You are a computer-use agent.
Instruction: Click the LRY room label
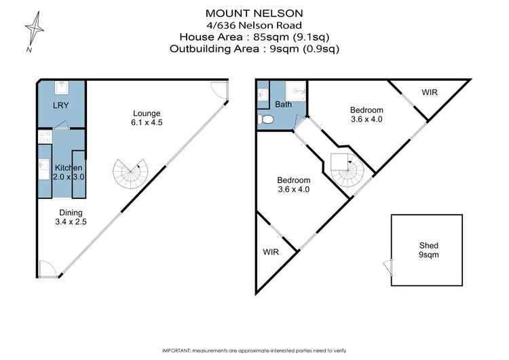coord(61,106)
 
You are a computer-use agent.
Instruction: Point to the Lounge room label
coord(147,113)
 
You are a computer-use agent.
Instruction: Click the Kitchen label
coord(69,168)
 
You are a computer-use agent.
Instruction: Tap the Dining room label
coord(71,211)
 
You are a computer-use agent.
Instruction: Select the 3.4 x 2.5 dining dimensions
coord(71,221)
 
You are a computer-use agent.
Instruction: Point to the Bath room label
coord(283,105)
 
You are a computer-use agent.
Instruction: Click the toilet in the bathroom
coord(266,120)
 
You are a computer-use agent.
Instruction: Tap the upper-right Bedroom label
coord(366,110)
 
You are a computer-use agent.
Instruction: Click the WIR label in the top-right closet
coord(429,91)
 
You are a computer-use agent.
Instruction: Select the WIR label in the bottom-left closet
coord(271,251)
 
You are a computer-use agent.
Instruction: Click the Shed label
coord(429,245)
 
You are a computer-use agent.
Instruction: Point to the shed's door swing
coord(388,267)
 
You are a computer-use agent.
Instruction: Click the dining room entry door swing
coord(46,268)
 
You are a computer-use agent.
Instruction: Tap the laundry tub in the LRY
coord(61,88)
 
